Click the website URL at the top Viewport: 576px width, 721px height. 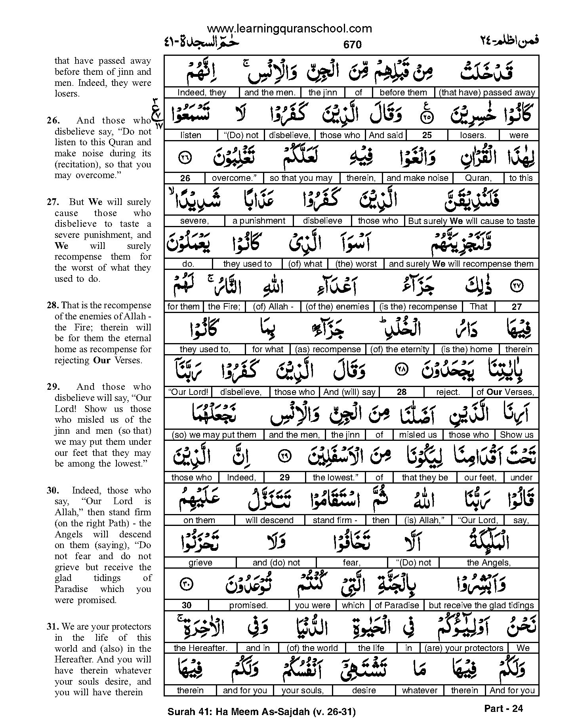coord(289,28)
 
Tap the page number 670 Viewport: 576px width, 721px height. coord(352,45)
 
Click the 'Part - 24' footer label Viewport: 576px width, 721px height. coord(503,708)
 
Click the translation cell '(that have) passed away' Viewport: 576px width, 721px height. coord(487,93)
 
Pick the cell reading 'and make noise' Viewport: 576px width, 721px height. coord(417,178)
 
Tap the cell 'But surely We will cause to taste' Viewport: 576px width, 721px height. coord(471,221)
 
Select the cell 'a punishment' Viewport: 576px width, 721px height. coord(259,221)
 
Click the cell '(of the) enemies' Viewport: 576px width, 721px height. coord(337,306)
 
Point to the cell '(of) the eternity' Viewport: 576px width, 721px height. coord(399,349)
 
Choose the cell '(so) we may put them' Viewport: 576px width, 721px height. coord(214,434)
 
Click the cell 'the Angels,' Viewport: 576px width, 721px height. coord(488,562)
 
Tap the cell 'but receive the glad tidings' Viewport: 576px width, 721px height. coord(481,605)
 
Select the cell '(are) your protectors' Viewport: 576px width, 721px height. coord(463,648)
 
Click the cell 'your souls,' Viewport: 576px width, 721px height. coord(302,690)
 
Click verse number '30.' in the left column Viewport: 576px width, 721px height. coord(53,491)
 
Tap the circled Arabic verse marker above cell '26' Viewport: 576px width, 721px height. coord(185,157)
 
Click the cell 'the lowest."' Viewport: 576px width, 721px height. coord(336,477)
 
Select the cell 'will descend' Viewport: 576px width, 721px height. coord(269,520)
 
